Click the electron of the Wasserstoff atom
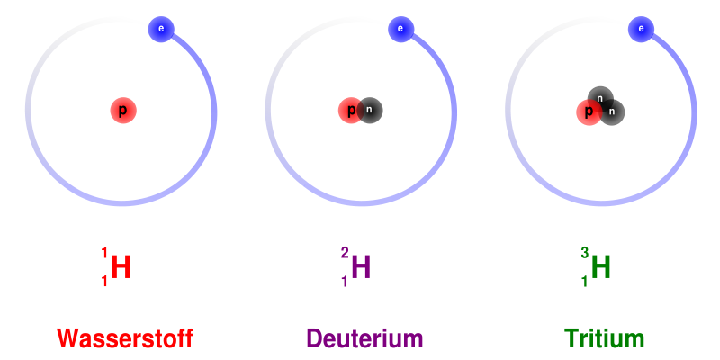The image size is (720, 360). pos(161,29)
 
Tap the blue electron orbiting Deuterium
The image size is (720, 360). pos(400,29)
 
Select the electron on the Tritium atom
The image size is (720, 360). pos(641,29)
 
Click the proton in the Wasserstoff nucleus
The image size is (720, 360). pos(123,111)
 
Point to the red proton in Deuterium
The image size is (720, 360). pos(351,111)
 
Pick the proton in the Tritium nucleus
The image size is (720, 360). pos(589,112)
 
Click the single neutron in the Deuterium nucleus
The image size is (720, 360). pos(370,111)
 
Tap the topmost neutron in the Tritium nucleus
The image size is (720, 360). pos(600,99)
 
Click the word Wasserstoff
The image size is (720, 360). pos(124,339)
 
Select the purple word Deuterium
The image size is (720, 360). pos(364,339)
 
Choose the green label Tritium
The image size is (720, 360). pos(604,339)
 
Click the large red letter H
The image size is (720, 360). pos(121,267)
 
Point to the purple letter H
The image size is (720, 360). pos(361,267)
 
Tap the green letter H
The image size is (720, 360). pos(601,267)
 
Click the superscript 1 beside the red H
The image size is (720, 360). pos(104,254)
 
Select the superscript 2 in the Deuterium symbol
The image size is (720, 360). pos(345,254)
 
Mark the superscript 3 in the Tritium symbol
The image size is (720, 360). pos(584,254)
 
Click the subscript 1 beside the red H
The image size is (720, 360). pos(104,281)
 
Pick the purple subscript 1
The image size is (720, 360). pos(345,281)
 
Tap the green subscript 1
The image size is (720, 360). pos(584,281)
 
